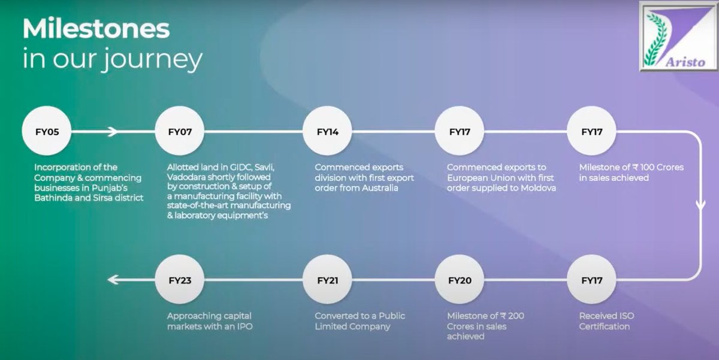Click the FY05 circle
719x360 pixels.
click(46, 132)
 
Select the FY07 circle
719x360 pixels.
click(179, 132)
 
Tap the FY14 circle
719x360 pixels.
click(328, 132)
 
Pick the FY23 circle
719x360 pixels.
click(179, 280)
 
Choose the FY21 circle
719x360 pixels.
click(328, 280)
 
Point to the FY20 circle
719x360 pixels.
click(460, 280)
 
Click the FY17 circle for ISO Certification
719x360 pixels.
click(592, 280)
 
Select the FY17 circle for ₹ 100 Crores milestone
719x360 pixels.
click(592, 132)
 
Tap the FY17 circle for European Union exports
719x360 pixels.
click(460, 132)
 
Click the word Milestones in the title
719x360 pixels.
click(96, 29)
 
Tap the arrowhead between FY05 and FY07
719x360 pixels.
click(113, 132)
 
